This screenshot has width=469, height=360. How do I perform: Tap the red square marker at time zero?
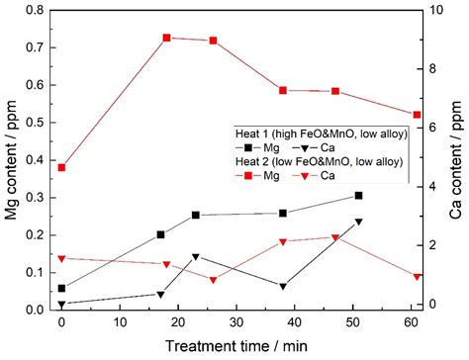pos(61,167)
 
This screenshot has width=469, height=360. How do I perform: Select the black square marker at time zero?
pos(61,289)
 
